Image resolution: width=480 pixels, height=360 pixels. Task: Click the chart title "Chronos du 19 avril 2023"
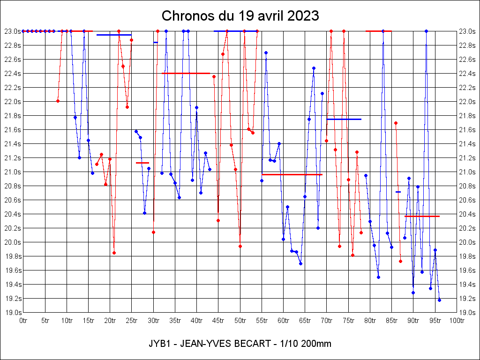(240, 16)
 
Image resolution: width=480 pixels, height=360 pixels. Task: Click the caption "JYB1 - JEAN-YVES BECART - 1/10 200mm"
(240, 344)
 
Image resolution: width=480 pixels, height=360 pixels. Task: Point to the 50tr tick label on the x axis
(240, 321)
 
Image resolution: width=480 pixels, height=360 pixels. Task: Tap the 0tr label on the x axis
(23, 321)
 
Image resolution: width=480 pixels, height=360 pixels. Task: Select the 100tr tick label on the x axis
(457, 321)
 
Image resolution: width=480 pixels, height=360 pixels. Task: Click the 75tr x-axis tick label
(348, 321)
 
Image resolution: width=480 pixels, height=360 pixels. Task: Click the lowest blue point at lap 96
(439, 300)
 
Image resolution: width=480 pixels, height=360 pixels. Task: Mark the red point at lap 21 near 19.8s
(114, 253)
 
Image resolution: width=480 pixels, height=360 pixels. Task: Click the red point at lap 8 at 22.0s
(58, 101)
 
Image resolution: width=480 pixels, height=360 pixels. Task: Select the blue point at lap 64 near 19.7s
(300, 263)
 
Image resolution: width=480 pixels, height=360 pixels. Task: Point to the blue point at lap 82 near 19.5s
(378, 277)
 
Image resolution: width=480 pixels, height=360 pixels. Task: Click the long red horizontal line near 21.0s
(292, 174)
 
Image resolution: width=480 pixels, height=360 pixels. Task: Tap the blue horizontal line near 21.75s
(344, 119)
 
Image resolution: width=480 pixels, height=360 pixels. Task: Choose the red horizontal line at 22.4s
(186, 73)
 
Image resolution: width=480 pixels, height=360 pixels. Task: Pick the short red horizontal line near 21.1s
(142, 163)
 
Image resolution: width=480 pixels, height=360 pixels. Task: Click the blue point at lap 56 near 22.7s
(266, 52)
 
